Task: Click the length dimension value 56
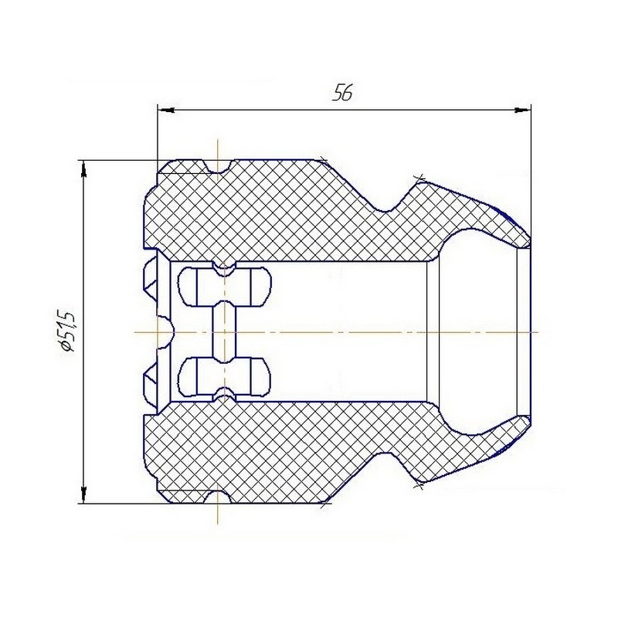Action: point(342,92)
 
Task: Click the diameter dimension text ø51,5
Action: point(67,331)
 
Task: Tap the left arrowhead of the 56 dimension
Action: point(166,110)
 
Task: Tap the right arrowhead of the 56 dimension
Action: point(522,110)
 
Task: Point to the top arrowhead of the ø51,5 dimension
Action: point(83,169)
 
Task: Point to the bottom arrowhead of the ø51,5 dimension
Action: point(83,494)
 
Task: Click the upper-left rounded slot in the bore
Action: point(196,287)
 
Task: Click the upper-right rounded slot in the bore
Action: point(253,287)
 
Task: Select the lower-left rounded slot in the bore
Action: point(196,377)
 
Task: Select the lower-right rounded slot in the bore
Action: point(253,377)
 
